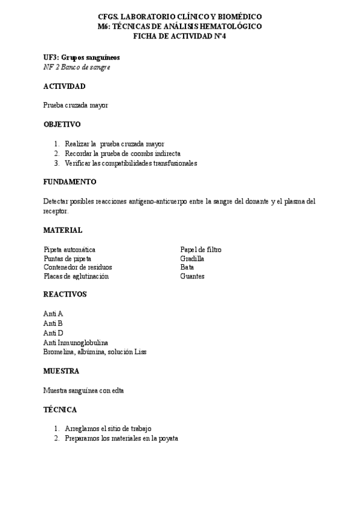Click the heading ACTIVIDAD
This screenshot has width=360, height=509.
(68, 86)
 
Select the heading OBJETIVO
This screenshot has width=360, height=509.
(62, 124)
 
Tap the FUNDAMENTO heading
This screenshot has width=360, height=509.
(70, 182)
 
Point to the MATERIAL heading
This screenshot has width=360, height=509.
(63, 230)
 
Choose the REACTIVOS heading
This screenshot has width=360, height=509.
(65, 294)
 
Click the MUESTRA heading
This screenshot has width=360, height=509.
(61, 371)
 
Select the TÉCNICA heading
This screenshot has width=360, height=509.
(60, 409)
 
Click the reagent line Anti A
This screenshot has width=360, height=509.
(53, 314)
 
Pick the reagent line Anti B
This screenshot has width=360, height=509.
(53, 323)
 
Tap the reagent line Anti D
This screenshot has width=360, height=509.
(53, 333)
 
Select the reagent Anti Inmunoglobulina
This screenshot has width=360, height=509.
(76, 342)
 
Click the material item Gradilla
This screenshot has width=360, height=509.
(192, 258)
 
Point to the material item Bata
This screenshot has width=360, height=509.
(187, 267)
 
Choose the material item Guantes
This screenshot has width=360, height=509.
(192, 276)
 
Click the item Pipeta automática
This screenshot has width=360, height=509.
(69, 249)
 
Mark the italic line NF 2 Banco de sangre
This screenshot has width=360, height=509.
(77, 67)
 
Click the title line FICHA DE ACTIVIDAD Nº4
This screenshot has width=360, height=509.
(179, 35)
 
